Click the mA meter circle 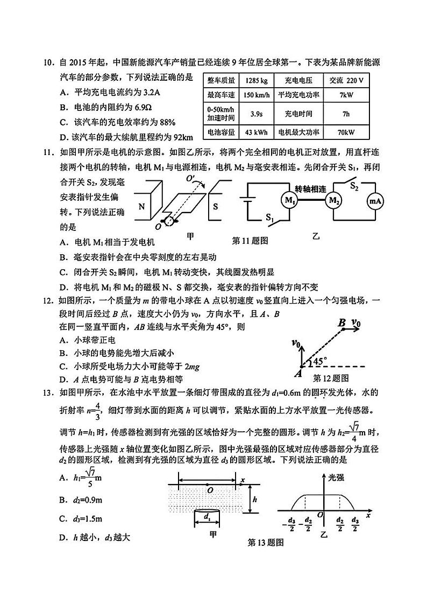[x=375, y=201]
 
